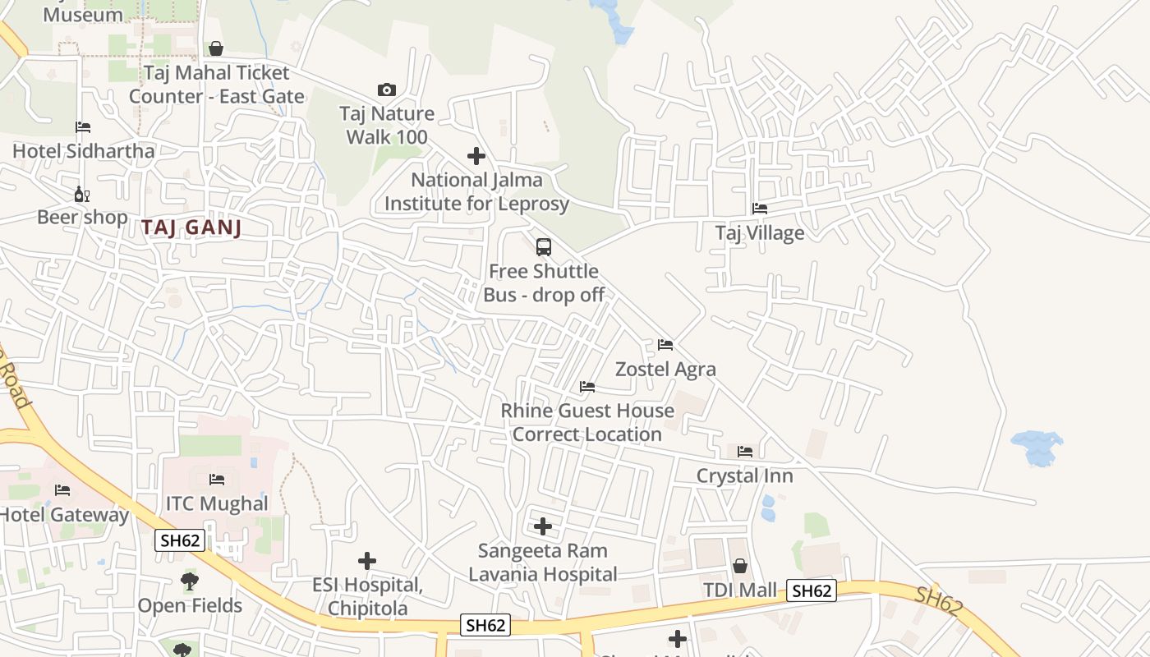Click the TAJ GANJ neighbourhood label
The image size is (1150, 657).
(x=191, y=227)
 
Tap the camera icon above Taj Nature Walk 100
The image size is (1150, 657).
(x=386, y=90)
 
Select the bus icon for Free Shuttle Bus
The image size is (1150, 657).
(x=543, y=246)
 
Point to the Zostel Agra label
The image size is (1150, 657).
(x=665, y=369)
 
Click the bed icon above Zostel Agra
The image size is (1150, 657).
(x=665, y=345)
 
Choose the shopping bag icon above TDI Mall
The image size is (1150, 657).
(x=739, y=566)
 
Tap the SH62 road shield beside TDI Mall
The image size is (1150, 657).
(x=812, y=590)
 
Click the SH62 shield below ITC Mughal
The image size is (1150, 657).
(x=180, y=540)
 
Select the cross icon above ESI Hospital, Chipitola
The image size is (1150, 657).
(x=367, y=561)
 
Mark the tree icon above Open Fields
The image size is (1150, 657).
(x=190, y=581)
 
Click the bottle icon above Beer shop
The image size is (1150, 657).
(x=82, y=195)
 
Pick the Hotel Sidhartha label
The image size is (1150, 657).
(x=83, y=151)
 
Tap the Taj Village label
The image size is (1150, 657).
(x=760, y=233)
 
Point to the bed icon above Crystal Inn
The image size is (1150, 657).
(x=745, y=452)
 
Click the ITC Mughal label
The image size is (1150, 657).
(x=217, y=503)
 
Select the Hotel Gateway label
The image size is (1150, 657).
(x=64, y=515)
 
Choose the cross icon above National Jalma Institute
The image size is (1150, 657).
(x=476, y=156)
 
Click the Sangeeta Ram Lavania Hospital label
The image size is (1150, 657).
(x=543, y=562)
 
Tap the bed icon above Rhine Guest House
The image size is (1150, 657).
(x=586, y=387)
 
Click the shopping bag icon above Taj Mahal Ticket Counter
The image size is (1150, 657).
(x=216, y=48)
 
